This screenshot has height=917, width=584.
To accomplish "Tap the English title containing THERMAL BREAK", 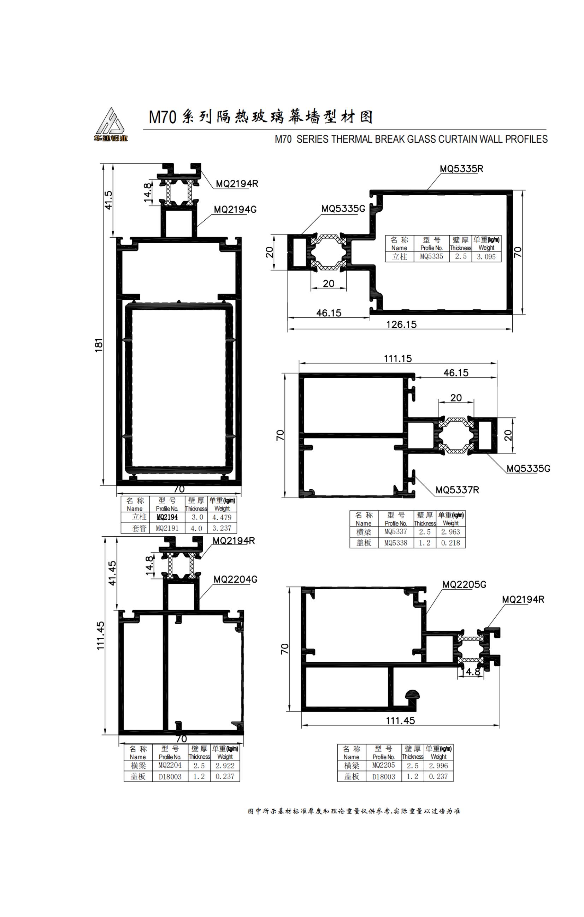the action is pos(411,139).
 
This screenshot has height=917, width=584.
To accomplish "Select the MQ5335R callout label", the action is pos(461,169).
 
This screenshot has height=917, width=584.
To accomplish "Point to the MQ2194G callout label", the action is pos(235,209).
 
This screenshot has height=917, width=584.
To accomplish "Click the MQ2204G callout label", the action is pos(235,579).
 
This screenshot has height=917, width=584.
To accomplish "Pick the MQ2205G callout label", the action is pos(464,584).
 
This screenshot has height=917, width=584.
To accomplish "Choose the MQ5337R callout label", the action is pos(457,490).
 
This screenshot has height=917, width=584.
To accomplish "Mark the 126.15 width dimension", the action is pos(402,324).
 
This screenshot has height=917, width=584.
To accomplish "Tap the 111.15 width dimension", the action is pos(398,358).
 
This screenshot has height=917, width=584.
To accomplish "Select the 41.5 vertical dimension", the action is pos(109,200).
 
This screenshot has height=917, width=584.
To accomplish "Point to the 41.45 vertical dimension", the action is pos(112,573).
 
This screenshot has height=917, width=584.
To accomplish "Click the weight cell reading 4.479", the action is pos(222,518).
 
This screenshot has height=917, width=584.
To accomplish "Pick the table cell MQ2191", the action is pos(167,528).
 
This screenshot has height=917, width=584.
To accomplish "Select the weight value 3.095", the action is pos(486,257).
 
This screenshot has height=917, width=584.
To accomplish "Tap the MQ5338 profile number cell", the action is pos(395,543).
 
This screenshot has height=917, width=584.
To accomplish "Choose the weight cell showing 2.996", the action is pos(438,766).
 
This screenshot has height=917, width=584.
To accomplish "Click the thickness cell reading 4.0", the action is pos(196,528).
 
